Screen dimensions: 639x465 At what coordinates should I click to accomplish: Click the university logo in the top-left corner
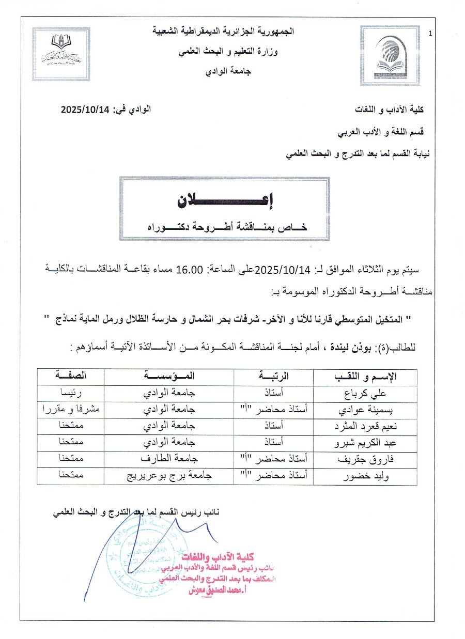click(61, 54)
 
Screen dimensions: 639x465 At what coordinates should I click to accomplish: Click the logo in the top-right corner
click(390, 55)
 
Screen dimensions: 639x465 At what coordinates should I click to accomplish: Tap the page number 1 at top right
click(430, 34)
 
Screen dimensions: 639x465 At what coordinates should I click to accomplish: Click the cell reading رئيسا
click(70, 393)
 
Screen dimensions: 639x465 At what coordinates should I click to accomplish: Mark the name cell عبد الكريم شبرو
click(367, 443)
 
